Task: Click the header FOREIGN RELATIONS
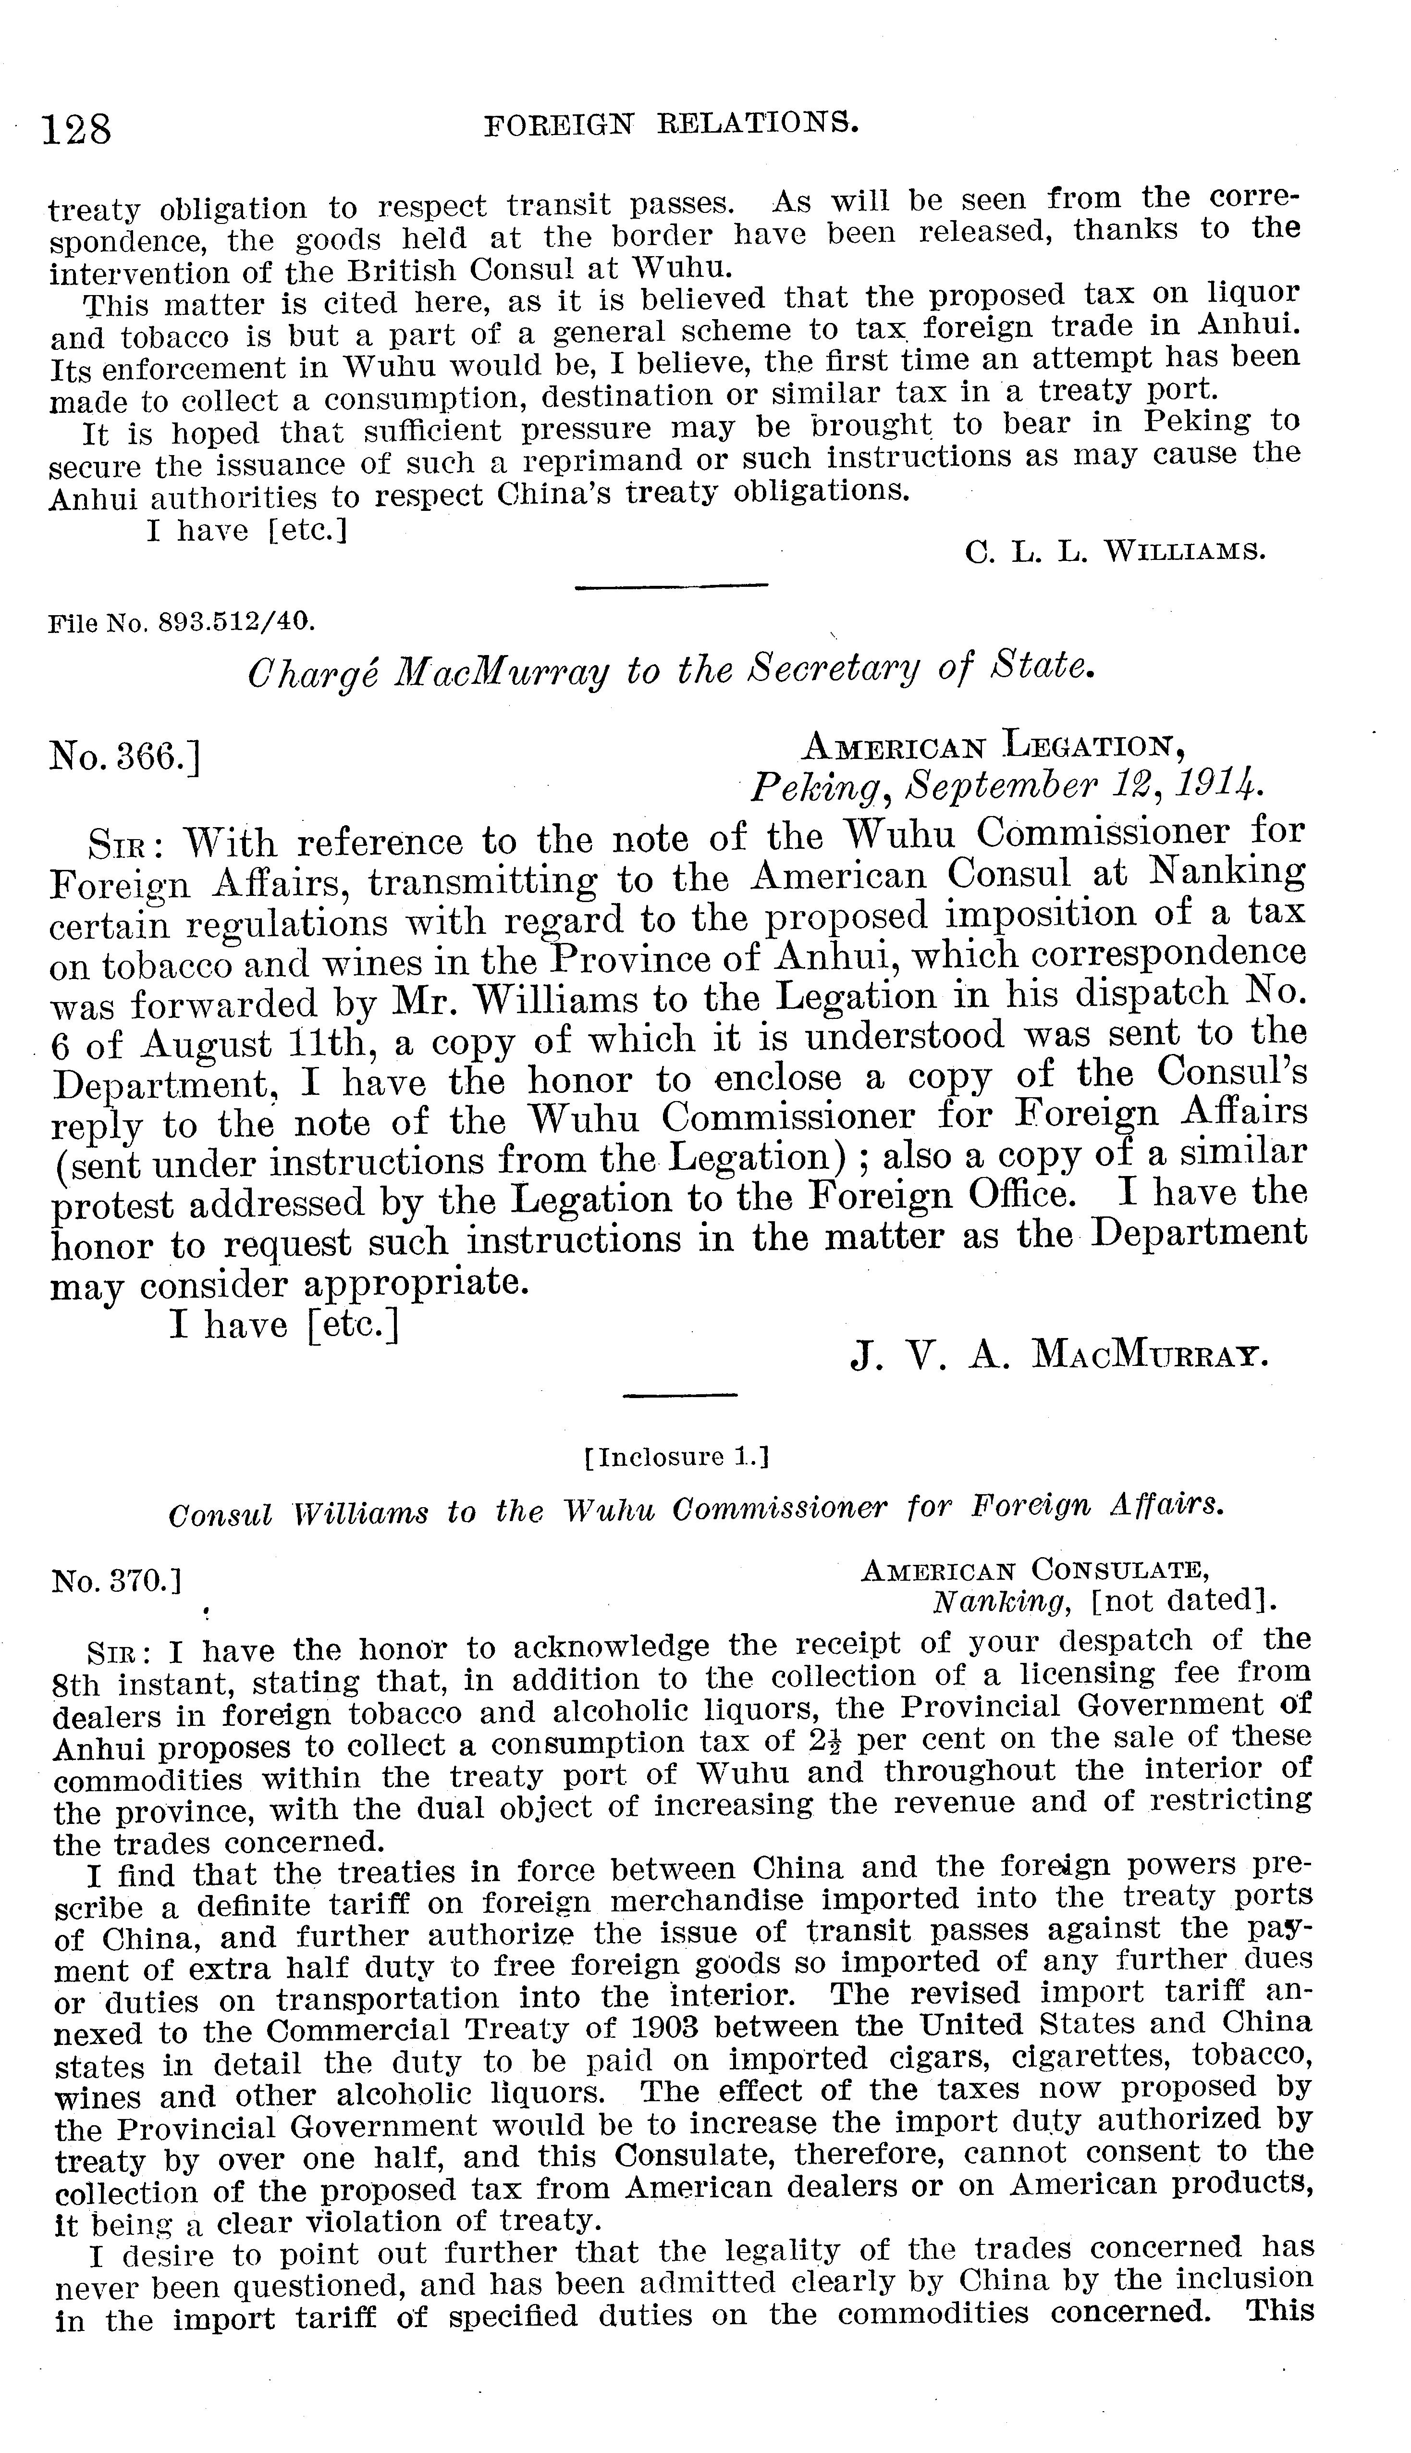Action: coord(671,123)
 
